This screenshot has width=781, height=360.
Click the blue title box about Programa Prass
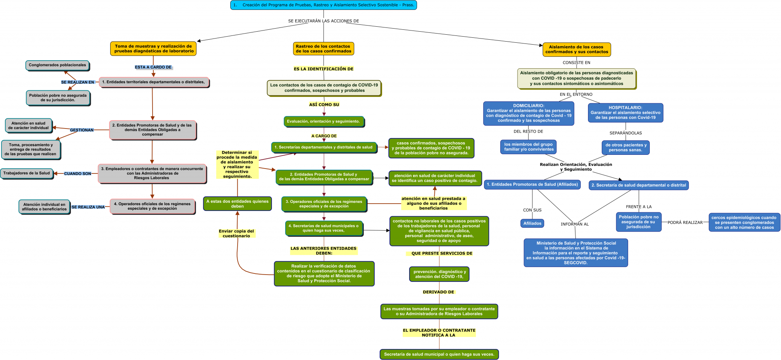coord(323,5)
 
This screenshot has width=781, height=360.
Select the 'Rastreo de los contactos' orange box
coord(323,49)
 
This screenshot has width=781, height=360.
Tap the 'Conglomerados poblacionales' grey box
coord(57,65)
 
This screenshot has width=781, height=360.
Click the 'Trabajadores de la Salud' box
coord(27,173)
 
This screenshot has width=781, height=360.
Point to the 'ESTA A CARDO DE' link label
coord(153,67)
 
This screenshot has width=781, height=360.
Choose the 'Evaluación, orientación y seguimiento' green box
coord(324,122)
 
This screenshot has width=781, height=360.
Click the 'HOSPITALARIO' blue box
coord(625,113)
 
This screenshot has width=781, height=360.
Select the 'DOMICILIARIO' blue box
coord(529,113)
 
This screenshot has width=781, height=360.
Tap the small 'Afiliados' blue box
coord(532,223)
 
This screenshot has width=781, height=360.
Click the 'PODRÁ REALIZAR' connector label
coord(685,222)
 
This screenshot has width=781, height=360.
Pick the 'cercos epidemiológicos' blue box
coord(744,222)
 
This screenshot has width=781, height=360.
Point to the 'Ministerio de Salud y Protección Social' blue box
coord(576,253)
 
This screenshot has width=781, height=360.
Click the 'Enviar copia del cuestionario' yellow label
coord(236,233)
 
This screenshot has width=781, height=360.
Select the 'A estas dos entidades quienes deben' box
coord(237,204)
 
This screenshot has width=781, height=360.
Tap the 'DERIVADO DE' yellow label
coord(439,292)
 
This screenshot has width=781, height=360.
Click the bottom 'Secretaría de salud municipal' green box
coord(439,354)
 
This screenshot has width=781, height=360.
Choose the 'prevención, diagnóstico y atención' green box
coord(439,274)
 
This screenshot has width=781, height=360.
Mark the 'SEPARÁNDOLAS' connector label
coord(625,133)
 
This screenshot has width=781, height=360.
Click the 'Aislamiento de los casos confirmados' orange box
coord(577,50)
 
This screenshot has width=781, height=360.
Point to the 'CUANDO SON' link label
coord(77,174)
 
